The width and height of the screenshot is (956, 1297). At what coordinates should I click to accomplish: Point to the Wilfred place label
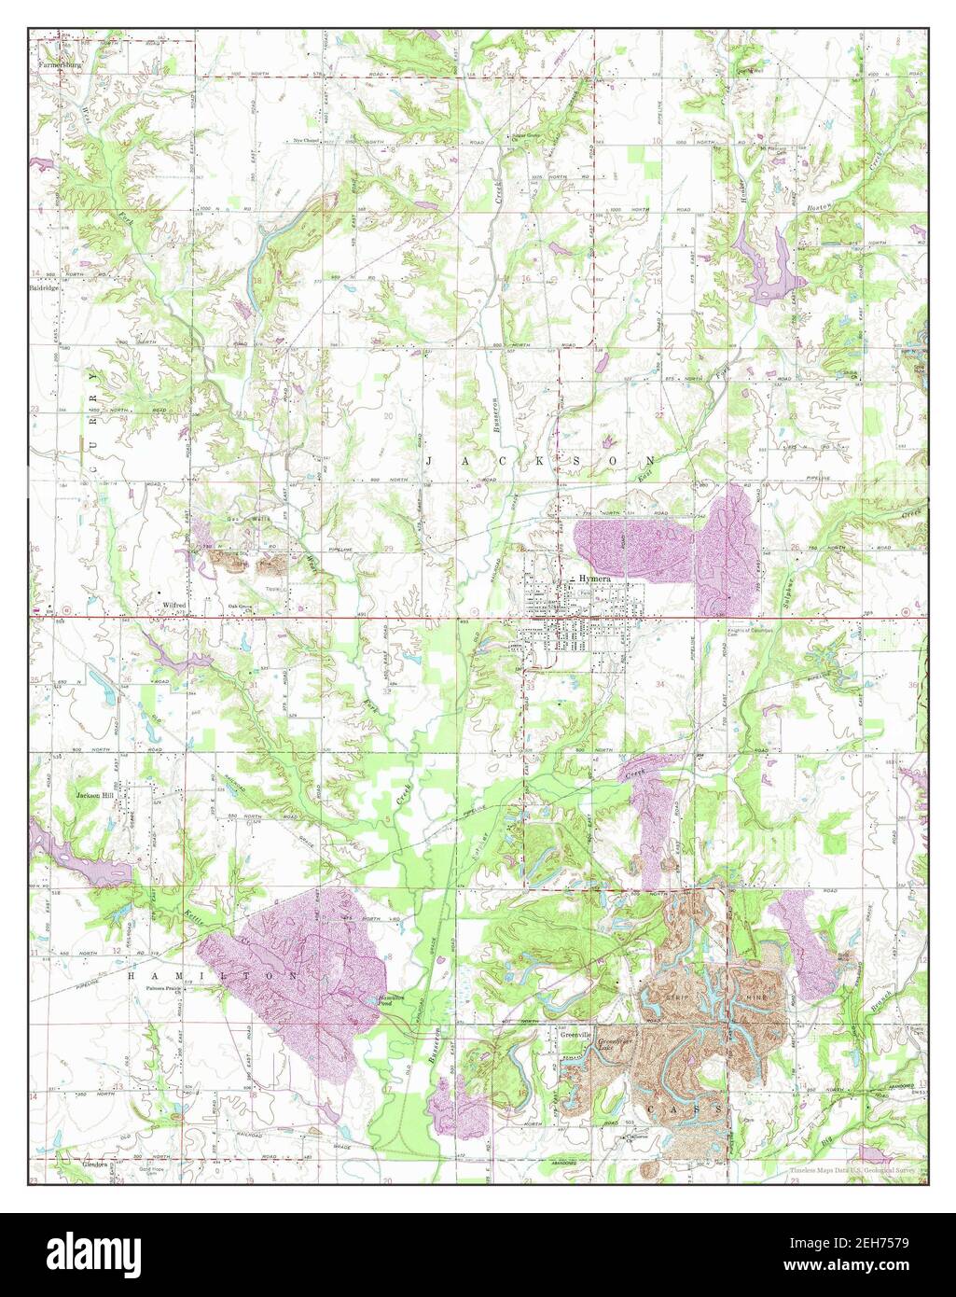click(174, 606)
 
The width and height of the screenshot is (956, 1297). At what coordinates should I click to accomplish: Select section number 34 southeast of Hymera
click(660, 685)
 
